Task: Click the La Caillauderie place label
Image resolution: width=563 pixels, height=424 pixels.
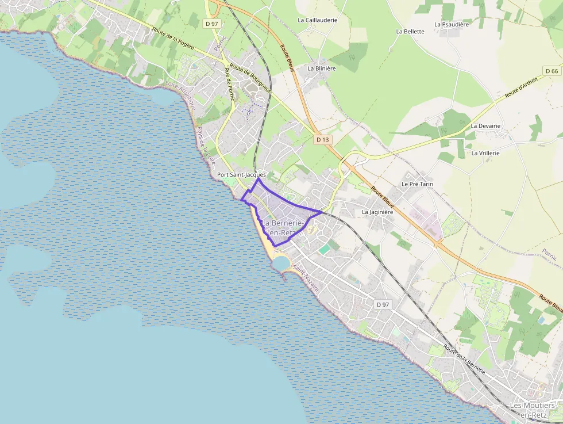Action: (317, 20)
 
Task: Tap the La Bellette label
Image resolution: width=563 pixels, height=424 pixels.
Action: (410, 32)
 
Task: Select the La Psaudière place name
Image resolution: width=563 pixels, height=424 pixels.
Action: (453, 25)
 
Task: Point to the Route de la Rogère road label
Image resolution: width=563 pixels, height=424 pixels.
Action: (173, 38)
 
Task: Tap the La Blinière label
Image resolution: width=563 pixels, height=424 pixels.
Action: (321, 68)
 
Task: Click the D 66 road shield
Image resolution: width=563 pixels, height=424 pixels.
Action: (552, 71)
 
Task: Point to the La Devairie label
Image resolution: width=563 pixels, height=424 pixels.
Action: (485, 125)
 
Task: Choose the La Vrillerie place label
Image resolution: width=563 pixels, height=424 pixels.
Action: (485, 153)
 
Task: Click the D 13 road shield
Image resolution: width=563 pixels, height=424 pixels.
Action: (322, 140)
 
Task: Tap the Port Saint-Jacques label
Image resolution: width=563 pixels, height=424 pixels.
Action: (241, 174)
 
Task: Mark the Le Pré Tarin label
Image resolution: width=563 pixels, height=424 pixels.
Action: (417, 184)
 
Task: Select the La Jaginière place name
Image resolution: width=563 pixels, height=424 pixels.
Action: (377, 212)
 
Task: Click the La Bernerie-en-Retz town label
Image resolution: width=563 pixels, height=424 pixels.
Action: (282, 228)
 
